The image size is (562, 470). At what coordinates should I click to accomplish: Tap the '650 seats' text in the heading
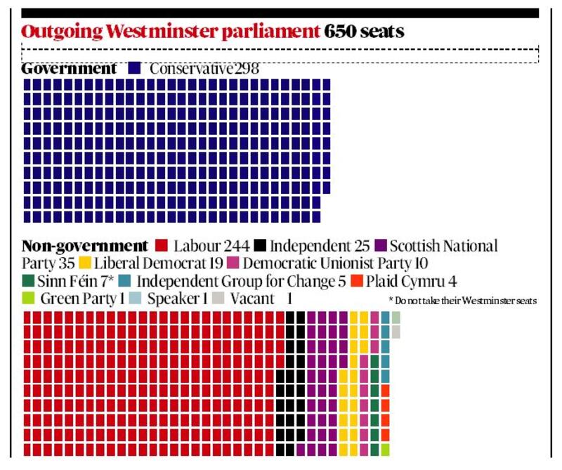[364, 32]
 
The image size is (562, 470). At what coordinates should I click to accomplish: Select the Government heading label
[69, 69]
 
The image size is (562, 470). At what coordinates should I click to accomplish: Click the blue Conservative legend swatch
[135, 69]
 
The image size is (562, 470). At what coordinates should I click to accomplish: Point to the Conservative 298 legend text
[204, 70]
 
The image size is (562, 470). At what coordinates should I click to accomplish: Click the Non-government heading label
[85, 247]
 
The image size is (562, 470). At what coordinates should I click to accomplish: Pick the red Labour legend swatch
[161, 247]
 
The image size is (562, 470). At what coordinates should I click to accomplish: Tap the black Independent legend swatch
[260, 247]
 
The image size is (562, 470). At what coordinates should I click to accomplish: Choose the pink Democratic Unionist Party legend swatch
[234, 264]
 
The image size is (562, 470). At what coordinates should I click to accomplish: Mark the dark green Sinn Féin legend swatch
[29, 282]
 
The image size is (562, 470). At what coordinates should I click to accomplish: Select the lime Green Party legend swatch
[29, 299]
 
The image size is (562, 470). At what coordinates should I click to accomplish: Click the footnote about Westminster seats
[462, 301]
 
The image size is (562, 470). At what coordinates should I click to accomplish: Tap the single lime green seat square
[386, 450]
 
